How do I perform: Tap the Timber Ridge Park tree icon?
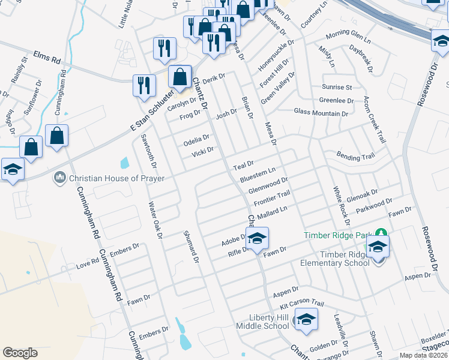click(x=381, y=232)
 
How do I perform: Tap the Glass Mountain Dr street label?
click(x=321, y=112)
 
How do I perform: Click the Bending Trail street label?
click(x=355, y=157)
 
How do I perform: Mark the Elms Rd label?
click(x=48, y=57)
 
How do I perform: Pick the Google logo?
click(x=20, y=353)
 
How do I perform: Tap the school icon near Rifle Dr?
click(x=257, y=239)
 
